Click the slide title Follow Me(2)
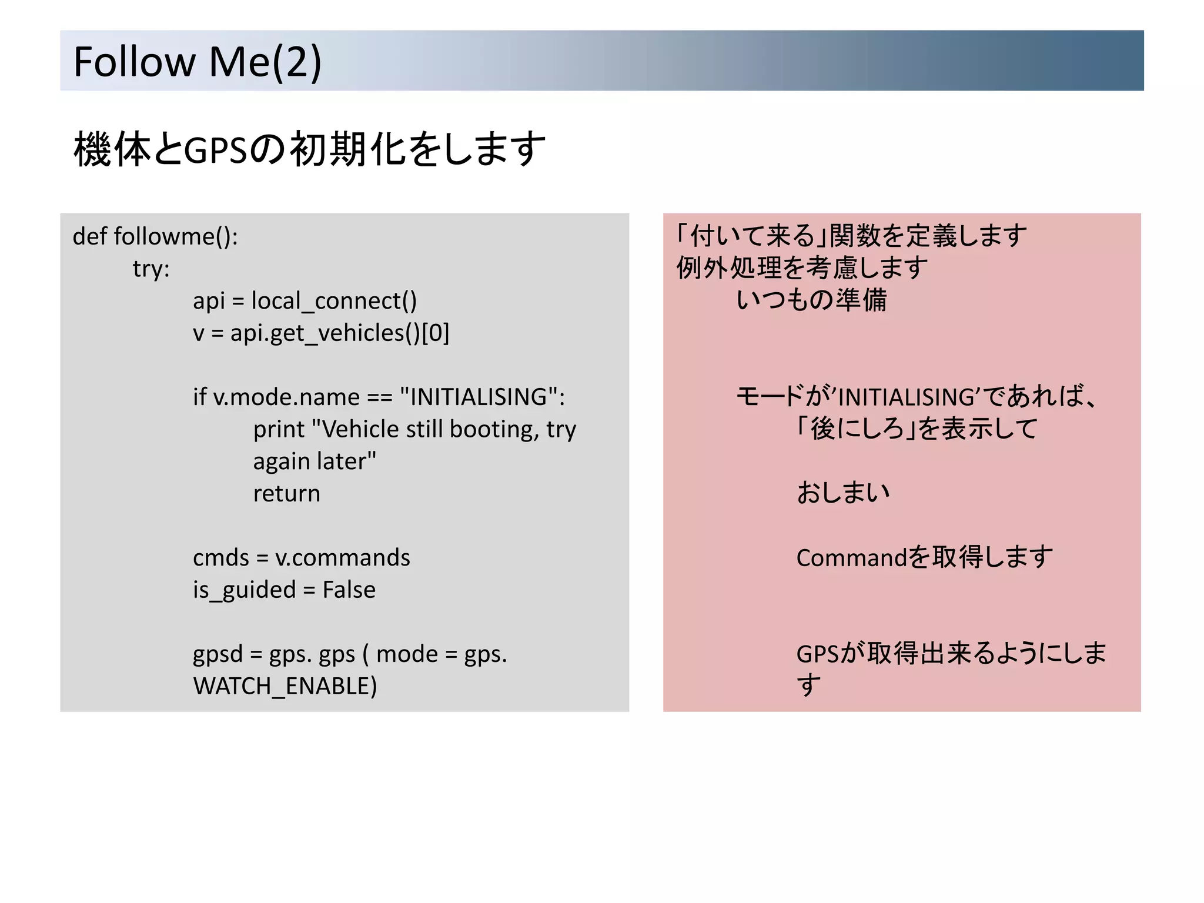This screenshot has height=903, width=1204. tap(197, 61)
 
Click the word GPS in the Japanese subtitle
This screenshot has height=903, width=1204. tap(215, 150)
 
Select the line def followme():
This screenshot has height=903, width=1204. tap(155, 236)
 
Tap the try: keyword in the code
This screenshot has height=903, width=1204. tap(151, 269)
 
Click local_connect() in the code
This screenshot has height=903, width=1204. tap(334, 301)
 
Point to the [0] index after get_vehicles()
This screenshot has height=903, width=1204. tap(436, 333)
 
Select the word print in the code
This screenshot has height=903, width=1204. tap(279, 430)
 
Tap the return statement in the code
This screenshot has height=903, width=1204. tap(286, 494)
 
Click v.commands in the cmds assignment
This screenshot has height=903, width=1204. tap(342, 558)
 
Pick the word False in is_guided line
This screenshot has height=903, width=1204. tap(349, 590)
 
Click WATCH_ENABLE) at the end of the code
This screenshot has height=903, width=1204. tap(285, 686)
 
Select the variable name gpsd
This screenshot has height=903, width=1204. tap(218, 654)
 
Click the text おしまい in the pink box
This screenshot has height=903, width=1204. tap(843, 493)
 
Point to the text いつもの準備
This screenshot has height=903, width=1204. tap(811, 300)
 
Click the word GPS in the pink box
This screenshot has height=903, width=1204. tap(818, 654)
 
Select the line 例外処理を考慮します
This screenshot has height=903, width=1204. tap(802, 269)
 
